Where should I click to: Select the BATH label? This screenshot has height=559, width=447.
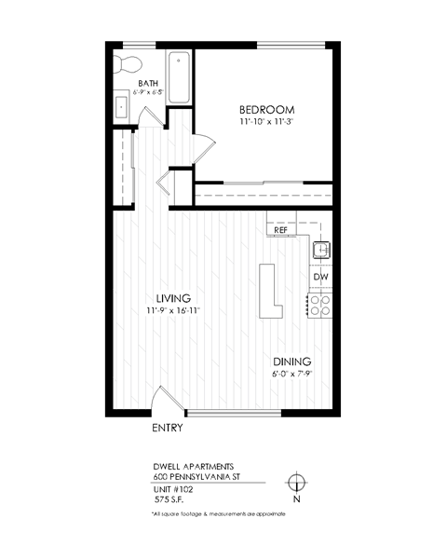click(x=148, y=83)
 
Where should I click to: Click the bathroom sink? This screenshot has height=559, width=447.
click(x=120, y=106)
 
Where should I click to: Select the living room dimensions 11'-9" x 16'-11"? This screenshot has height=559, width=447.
click(x=173, y=311)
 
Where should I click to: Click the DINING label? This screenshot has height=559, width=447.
click(x=291, y=361)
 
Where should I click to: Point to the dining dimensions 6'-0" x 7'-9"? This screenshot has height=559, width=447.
click(x=291, y=375)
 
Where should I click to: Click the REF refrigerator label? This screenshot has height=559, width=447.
click(x=279, y=228)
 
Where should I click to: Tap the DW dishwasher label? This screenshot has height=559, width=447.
click(x=319, y=277)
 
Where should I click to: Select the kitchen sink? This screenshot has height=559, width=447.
click(x=321, y=249)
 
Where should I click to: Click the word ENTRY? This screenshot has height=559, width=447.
click(x=167, y=429)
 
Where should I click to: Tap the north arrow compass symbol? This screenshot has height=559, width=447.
click(x=296, y=483)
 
